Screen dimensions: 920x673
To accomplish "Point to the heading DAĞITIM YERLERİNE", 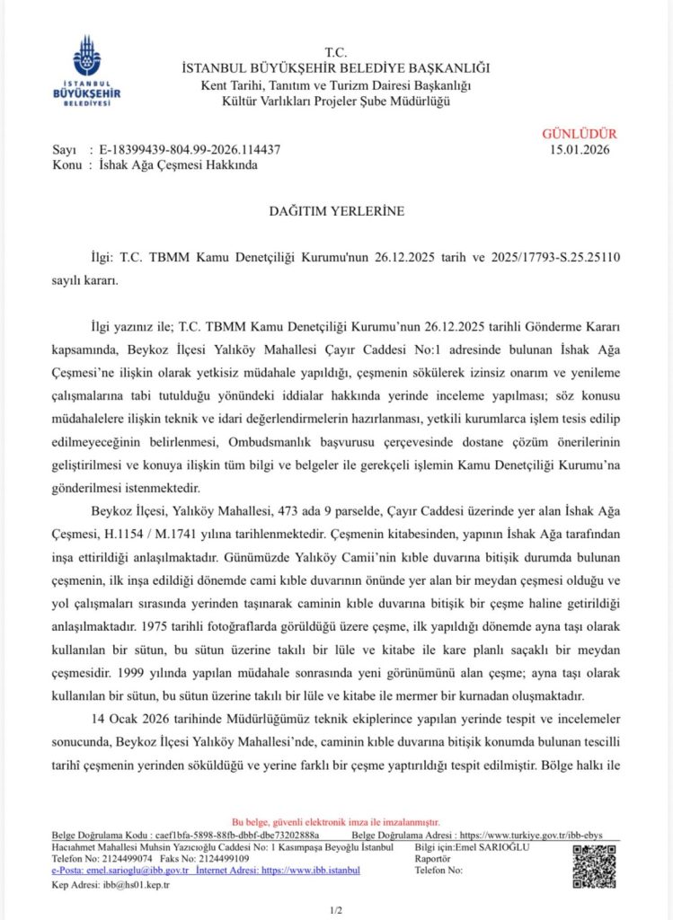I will [x=337, y=211].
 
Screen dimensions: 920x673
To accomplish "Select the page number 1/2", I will [x=336, y=909].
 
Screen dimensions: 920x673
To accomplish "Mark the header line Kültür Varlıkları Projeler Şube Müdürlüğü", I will [x=337, y=100].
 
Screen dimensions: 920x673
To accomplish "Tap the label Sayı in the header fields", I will [x=65, y=149].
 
